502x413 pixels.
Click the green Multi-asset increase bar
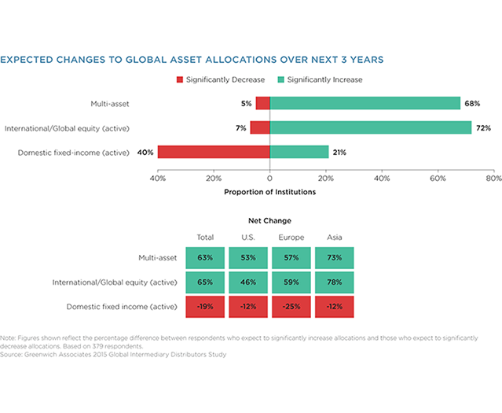(x=365, y=103)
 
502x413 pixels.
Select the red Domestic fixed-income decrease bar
(x=214, y=152)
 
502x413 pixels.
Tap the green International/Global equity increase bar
(x=370, y=127)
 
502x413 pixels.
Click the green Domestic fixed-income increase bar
(x=299, y=152)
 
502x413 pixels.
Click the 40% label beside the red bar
(x=146, y=152)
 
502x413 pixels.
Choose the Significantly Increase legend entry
(x=316, y=79)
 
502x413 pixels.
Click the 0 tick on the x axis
(x=269, y=178)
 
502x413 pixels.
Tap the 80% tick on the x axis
(x=493, y=178)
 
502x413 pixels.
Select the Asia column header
(x=334, y=237)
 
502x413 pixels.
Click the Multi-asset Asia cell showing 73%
(x=334, y=257)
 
